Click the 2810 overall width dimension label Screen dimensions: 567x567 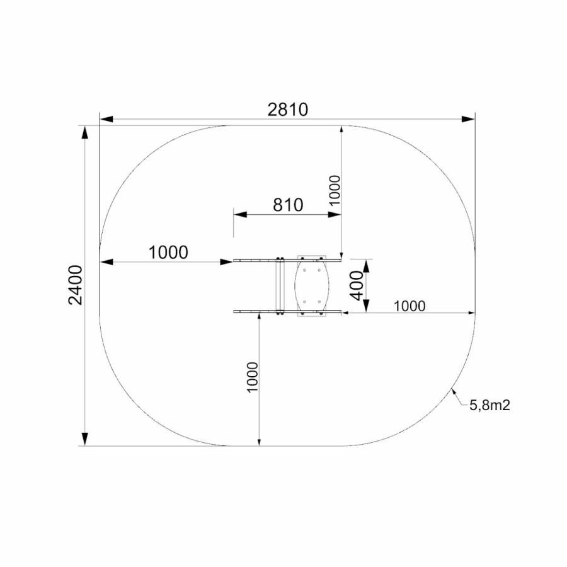pyautogui.click(x=288, y=110)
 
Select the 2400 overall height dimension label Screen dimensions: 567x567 pyautogui.click(x=76, y=285)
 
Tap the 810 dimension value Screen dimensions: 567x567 pyautogui.click(x=288, y=205)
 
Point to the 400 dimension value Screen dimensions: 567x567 pyautogui.click(x=357, y=285)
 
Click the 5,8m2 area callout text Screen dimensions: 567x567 pyautogui.click(x=490, y=405)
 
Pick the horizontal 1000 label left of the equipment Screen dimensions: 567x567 pyautogui.click(x=168, y=253)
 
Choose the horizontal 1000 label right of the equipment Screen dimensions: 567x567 pyautogui.click(x=409, y=306)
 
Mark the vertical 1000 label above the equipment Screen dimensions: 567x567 pyautogui.click(x=335, y=190)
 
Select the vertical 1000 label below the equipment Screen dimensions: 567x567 pyautogui.click(x=253, y=377)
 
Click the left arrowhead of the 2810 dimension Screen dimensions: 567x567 pyautogui.click(x=106, y=119)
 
